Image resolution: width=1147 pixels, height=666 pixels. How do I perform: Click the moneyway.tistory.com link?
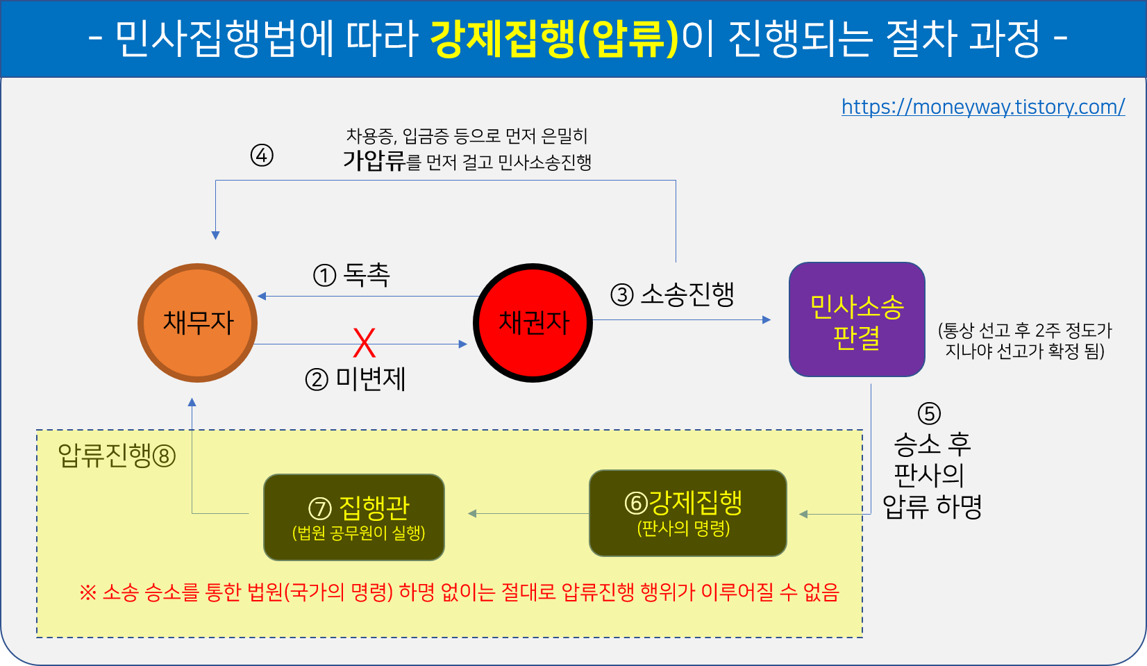tap(982, 107)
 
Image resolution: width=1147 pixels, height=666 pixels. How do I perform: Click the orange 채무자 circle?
tap(198, 323)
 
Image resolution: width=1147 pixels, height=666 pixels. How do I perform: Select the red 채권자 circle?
tap(533, 323)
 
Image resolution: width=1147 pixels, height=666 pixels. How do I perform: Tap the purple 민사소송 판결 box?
tap(857, 319)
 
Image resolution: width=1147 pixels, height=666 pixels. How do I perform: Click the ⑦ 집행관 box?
tap(354, 517)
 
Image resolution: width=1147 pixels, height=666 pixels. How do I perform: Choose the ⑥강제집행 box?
tap(687, 513)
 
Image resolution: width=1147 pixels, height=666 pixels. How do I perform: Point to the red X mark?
tap(364, 343)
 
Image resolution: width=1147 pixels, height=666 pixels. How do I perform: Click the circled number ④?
tap(262, 156)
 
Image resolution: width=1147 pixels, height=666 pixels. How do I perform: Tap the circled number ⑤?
tap(929, 414)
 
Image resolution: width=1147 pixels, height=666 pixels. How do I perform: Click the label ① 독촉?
tap(352, 275)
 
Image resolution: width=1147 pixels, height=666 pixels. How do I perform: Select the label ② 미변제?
tap(355, 379)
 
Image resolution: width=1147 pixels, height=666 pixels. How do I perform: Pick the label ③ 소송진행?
tap(672, 294)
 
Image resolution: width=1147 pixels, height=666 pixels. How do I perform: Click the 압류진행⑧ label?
tap(117, 456)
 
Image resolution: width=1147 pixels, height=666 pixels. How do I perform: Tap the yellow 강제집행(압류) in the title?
tap(554, 38)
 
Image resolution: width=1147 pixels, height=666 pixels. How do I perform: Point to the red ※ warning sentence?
tap(458, 592)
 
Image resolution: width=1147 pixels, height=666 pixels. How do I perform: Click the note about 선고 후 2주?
tap(1024, 340)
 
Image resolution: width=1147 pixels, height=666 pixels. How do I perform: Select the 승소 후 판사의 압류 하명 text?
tap(932, 475)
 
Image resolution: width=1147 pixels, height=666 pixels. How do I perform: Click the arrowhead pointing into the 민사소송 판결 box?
tap(767, 320)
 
